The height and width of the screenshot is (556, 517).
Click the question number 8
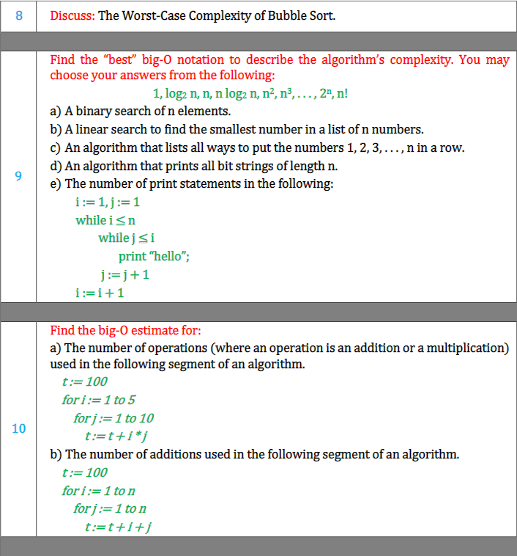(18, 16)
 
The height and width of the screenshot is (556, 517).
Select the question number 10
(18, 428)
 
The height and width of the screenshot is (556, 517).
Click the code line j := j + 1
(125, 274)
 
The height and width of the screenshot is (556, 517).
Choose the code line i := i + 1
(100, 293)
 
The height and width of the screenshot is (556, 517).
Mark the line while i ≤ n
(105, 219)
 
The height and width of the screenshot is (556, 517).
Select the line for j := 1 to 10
(114, 418)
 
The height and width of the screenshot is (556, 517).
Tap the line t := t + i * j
(122, 436)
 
